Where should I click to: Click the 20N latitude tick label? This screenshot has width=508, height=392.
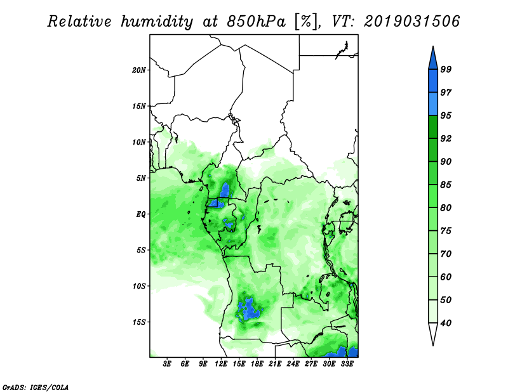click(x=139, y=70)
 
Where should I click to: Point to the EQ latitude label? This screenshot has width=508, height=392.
click(x=140, y=214)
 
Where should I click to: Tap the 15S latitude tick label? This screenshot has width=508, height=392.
click(x=139, y=322)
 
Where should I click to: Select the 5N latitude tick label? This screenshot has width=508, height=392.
click(x=141, y=178)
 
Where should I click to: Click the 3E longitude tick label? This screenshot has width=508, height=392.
click(x=167, y=364)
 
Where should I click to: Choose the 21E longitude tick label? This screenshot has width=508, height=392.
click(x=275, y=364)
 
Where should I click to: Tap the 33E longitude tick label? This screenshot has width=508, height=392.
click(x=347, y=364)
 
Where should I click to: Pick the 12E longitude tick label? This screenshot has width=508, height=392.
click(x=221, y=364)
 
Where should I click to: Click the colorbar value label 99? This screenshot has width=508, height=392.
click(x=446, y=69)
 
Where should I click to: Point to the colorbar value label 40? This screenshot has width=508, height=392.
click(x=446, y=323)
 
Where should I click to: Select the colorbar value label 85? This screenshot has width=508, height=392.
click(x=446, y=185)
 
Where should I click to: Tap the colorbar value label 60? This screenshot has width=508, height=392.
click(x=446, y=277)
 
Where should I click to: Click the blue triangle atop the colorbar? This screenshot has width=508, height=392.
click(x=433, y=60)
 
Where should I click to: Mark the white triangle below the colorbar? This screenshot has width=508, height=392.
click(x=433, y=332)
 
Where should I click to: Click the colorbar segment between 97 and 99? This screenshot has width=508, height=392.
click(x=433, y=81)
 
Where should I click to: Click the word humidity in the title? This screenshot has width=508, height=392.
click(x=157, y=22)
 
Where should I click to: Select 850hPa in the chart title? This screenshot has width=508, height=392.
click(x=256, y=22)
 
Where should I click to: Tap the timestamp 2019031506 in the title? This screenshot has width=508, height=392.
click(x=411, y=21)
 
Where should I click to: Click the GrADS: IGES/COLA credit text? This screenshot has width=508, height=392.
click(x=36, y=387)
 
